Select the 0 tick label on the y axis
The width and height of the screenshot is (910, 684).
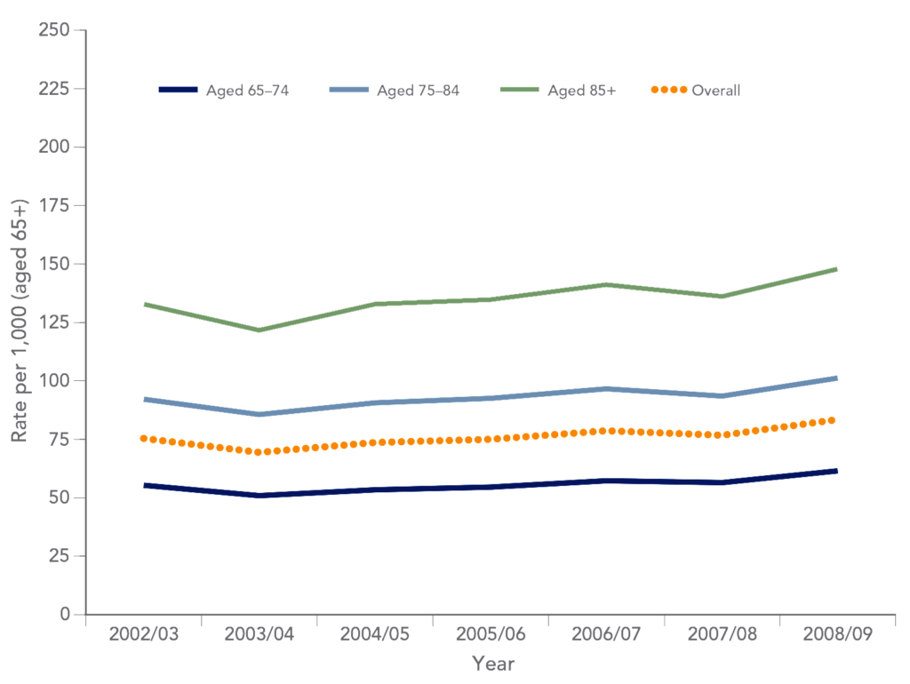[x=65, y=614]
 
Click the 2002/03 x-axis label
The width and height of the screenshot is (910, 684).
[x=144, y=635]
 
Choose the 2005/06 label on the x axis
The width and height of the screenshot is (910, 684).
[x=491, y=635]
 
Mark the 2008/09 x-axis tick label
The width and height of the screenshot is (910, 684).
[x=837, y=635]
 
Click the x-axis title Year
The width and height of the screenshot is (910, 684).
[x=493, y=663]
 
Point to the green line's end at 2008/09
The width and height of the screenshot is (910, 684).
[x=835, y=268]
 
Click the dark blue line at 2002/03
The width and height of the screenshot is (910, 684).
[x=144, y=485]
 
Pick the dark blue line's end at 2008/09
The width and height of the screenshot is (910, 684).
[x=835, y=471]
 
